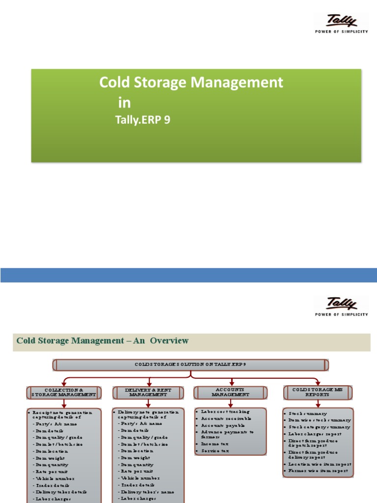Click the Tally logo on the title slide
[x=341, y=24]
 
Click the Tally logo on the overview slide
[x=341, y=307]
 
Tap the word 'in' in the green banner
[x=124, y=102]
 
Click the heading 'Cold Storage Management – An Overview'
[x=103, y=340]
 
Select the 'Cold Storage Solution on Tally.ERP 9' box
[x=190, y=364]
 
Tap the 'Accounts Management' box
[x=231, y=392]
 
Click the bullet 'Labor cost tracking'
[x=225, y=412]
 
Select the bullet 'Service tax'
[x=215, y=450]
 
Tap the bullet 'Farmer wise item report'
[x=320, y=471]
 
